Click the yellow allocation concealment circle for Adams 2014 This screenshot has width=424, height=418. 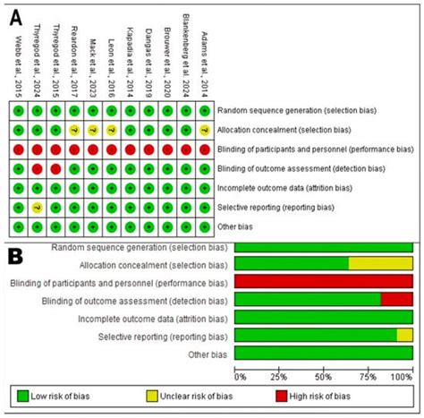pos(205,129)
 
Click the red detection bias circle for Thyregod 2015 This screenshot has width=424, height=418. pos(55,167)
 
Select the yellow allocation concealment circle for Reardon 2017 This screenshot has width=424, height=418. pos(74,129)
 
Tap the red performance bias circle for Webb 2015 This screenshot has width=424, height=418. pos(17,149)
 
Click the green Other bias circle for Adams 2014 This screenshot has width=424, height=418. pos(205,226)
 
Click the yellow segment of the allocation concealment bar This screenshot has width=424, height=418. pos(381,262)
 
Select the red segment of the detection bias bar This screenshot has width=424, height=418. pos(397,299)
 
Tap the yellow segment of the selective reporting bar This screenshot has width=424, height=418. pos(405,335)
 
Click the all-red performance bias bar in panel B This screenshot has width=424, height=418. pos(324,281)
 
